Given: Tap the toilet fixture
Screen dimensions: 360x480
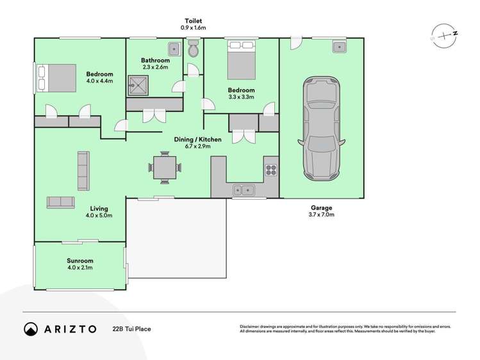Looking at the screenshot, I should coord(194,50).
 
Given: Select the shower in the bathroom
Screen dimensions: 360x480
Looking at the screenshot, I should coord(137,83).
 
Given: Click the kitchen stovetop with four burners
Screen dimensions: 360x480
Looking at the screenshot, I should coord(270,170).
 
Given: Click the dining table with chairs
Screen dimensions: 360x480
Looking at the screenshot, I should coord(165,167).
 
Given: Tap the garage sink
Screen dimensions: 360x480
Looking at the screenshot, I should coord(338,46).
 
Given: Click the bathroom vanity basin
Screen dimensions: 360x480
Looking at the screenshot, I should coord(173,49).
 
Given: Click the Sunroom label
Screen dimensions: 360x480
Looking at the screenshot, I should coord(80,261).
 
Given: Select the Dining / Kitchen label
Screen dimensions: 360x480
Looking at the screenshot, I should coord(198,139).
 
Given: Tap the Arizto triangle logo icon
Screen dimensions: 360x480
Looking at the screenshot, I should coord(29,329).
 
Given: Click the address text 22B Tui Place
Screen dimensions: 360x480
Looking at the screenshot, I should coord(132,329).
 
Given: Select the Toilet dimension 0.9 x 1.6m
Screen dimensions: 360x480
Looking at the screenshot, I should coord(194,28).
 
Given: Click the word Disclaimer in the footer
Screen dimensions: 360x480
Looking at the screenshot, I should coord(252,325).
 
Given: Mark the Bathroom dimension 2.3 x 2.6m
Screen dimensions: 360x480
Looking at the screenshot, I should coord(154,67).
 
